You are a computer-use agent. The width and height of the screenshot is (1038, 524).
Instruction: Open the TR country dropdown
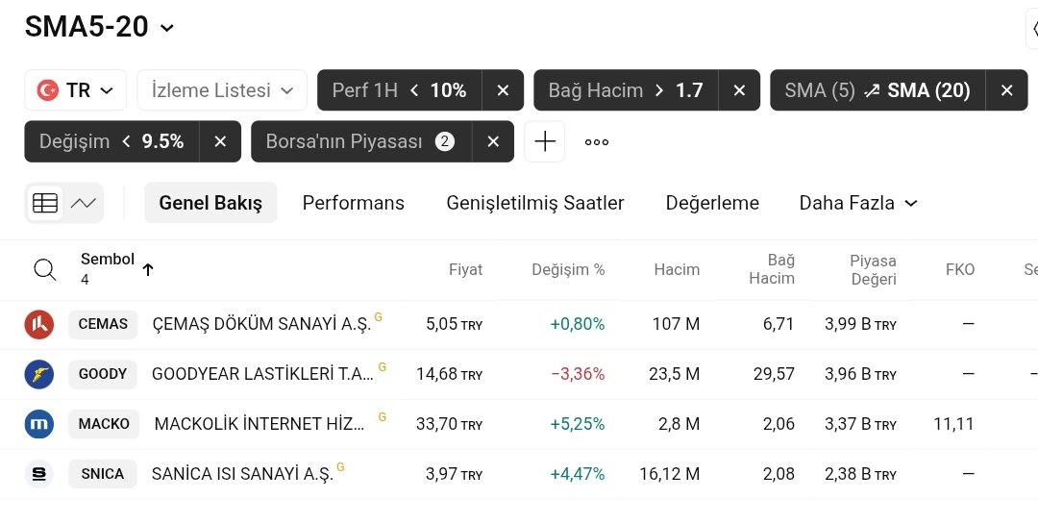point(76,90)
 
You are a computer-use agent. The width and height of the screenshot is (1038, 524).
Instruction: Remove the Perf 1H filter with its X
point(503,90)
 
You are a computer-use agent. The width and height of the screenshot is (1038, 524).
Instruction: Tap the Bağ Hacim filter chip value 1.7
point(689,90)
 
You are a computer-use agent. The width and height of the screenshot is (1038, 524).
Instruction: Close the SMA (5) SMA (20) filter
point(1006,90)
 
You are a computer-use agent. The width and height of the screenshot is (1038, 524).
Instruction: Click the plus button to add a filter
point(545,141)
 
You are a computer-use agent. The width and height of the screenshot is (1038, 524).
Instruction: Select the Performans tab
point(353,203)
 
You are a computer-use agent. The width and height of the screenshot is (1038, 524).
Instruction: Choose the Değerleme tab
point(712,203)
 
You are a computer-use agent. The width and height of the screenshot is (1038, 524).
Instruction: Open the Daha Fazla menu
point(858,203)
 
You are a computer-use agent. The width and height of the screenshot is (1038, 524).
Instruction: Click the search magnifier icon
point(45,269)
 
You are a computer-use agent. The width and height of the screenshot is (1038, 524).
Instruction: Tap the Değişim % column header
point(568,269)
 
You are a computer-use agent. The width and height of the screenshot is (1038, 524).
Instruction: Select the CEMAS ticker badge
point(103,324)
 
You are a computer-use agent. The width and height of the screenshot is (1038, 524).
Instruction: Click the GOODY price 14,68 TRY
point(449,374)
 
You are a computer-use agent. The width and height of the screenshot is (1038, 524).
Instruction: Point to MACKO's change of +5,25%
point(577,424)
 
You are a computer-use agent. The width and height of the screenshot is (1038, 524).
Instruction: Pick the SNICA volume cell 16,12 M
point(669,474)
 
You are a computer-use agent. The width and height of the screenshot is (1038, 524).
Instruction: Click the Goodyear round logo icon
point(39,374)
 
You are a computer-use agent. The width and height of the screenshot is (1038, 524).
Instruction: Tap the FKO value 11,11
point(953,424)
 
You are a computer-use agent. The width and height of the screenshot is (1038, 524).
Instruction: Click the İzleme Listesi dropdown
point(222,90)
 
